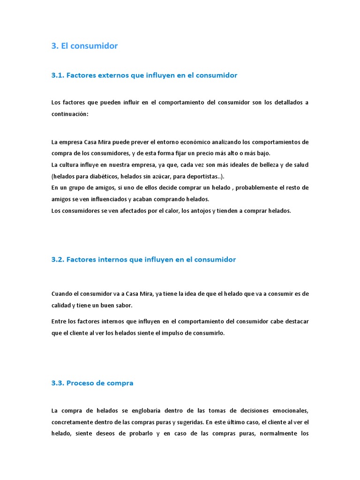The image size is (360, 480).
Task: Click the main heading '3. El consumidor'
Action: (x=84, y=46)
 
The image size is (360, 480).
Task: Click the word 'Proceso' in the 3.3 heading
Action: (x=80, y=383)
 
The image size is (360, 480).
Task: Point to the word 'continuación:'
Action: (x=69, y=114)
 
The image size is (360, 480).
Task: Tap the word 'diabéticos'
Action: (x=104, y=176)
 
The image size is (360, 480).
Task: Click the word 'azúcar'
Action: (x=163, y=176)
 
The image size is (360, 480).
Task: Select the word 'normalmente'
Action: (x=268, y=434)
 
